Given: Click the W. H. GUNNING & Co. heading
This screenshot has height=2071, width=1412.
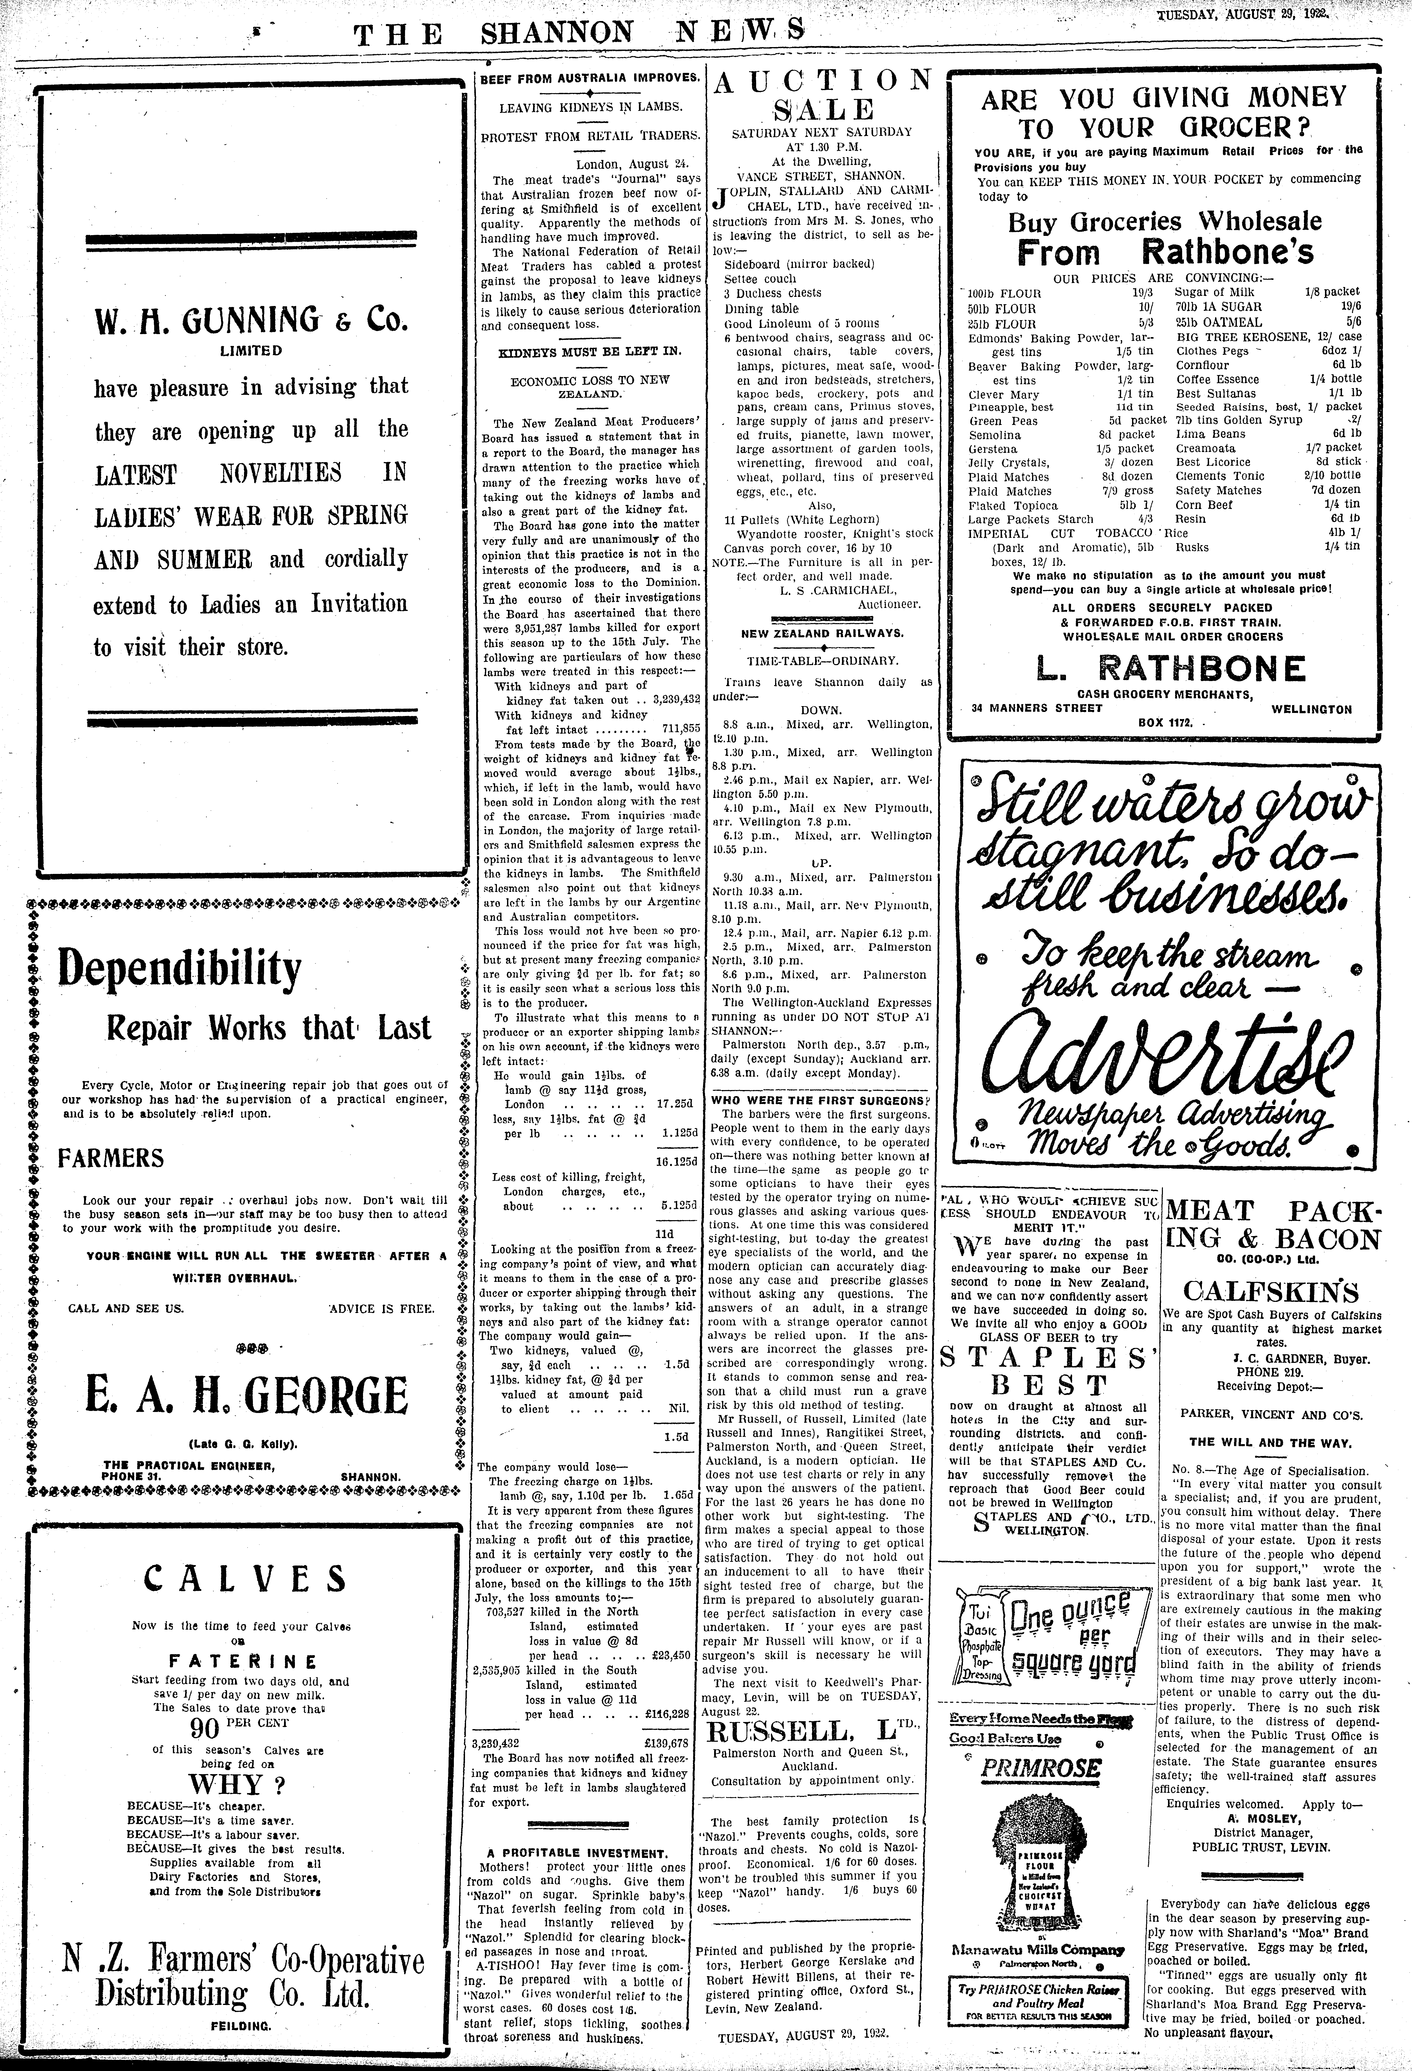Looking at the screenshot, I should click(251, 318).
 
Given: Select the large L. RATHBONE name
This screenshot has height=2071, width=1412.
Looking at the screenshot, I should click(1171, 668).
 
